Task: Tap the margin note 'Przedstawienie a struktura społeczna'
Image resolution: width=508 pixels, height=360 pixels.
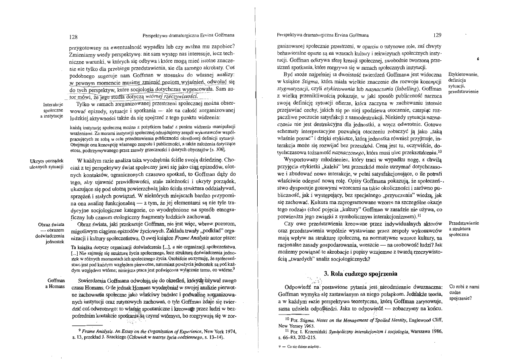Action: (463, 229)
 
